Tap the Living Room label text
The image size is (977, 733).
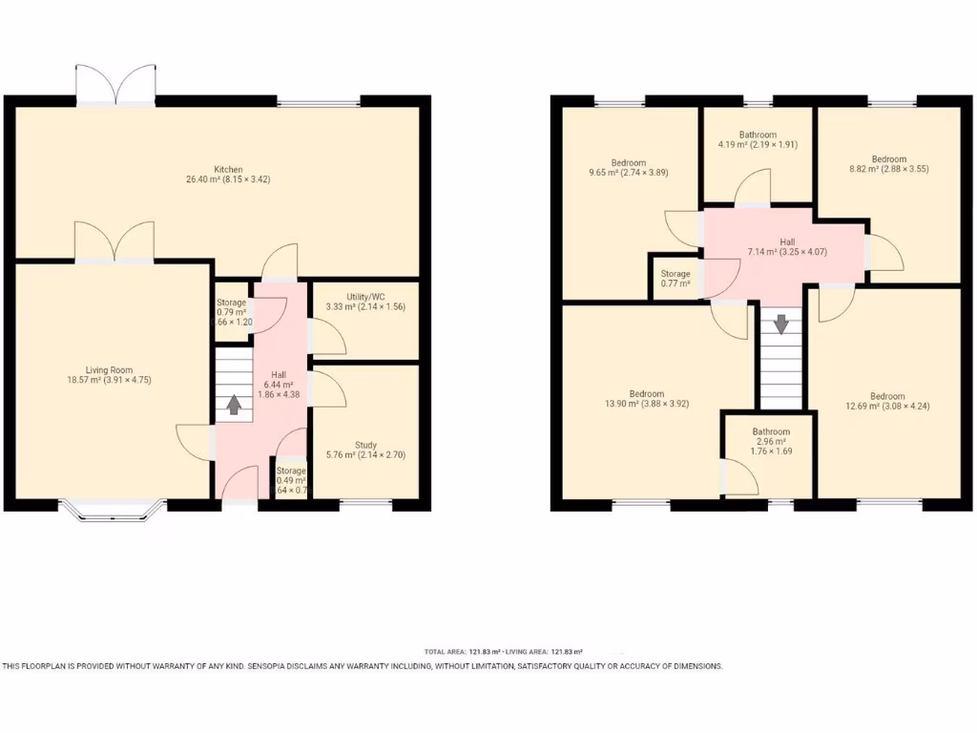point(107,370)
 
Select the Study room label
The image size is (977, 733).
point(365,445)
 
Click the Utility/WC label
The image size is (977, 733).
point(365,297)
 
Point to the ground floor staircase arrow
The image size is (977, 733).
point(233,405)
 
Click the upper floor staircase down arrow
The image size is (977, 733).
point(781,325)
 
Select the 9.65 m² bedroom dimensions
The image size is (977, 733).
point(629,173)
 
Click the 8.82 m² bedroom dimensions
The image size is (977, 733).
point(887,169)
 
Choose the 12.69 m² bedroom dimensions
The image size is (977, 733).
point(887,407)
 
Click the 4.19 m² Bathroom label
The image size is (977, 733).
point(758,136)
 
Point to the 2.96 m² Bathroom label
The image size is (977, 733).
point(770,432)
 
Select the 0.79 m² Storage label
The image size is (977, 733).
point(231,303)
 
